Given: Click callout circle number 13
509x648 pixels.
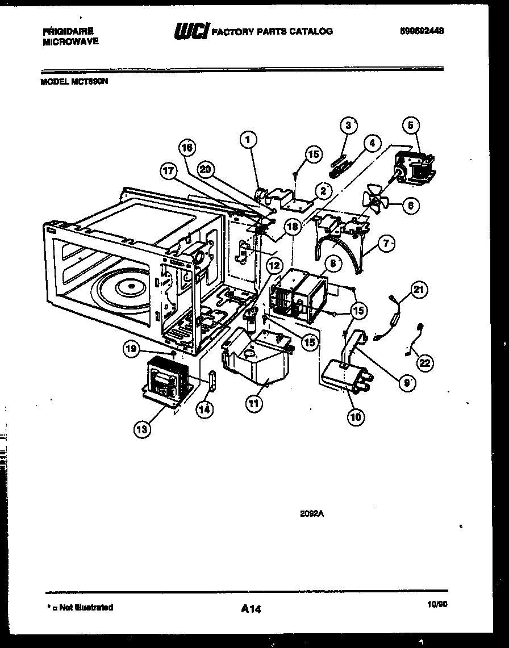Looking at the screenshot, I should click(142, 429).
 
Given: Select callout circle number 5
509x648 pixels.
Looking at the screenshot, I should click(412, 124).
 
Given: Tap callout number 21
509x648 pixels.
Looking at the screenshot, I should click(419, 290).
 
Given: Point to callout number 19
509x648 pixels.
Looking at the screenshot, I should click(132, 350).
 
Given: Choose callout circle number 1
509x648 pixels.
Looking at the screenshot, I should click(248, 138).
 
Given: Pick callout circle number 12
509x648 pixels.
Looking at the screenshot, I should click(274, 265).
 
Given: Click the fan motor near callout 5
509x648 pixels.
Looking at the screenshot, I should click(414, 169).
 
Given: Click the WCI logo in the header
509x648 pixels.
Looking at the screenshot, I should click(191, 31).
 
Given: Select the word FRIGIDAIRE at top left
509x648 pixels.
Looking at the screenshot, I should click(68, 32).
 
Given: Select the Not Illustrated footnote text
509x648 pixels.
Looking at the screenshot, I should click(79, 607).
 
